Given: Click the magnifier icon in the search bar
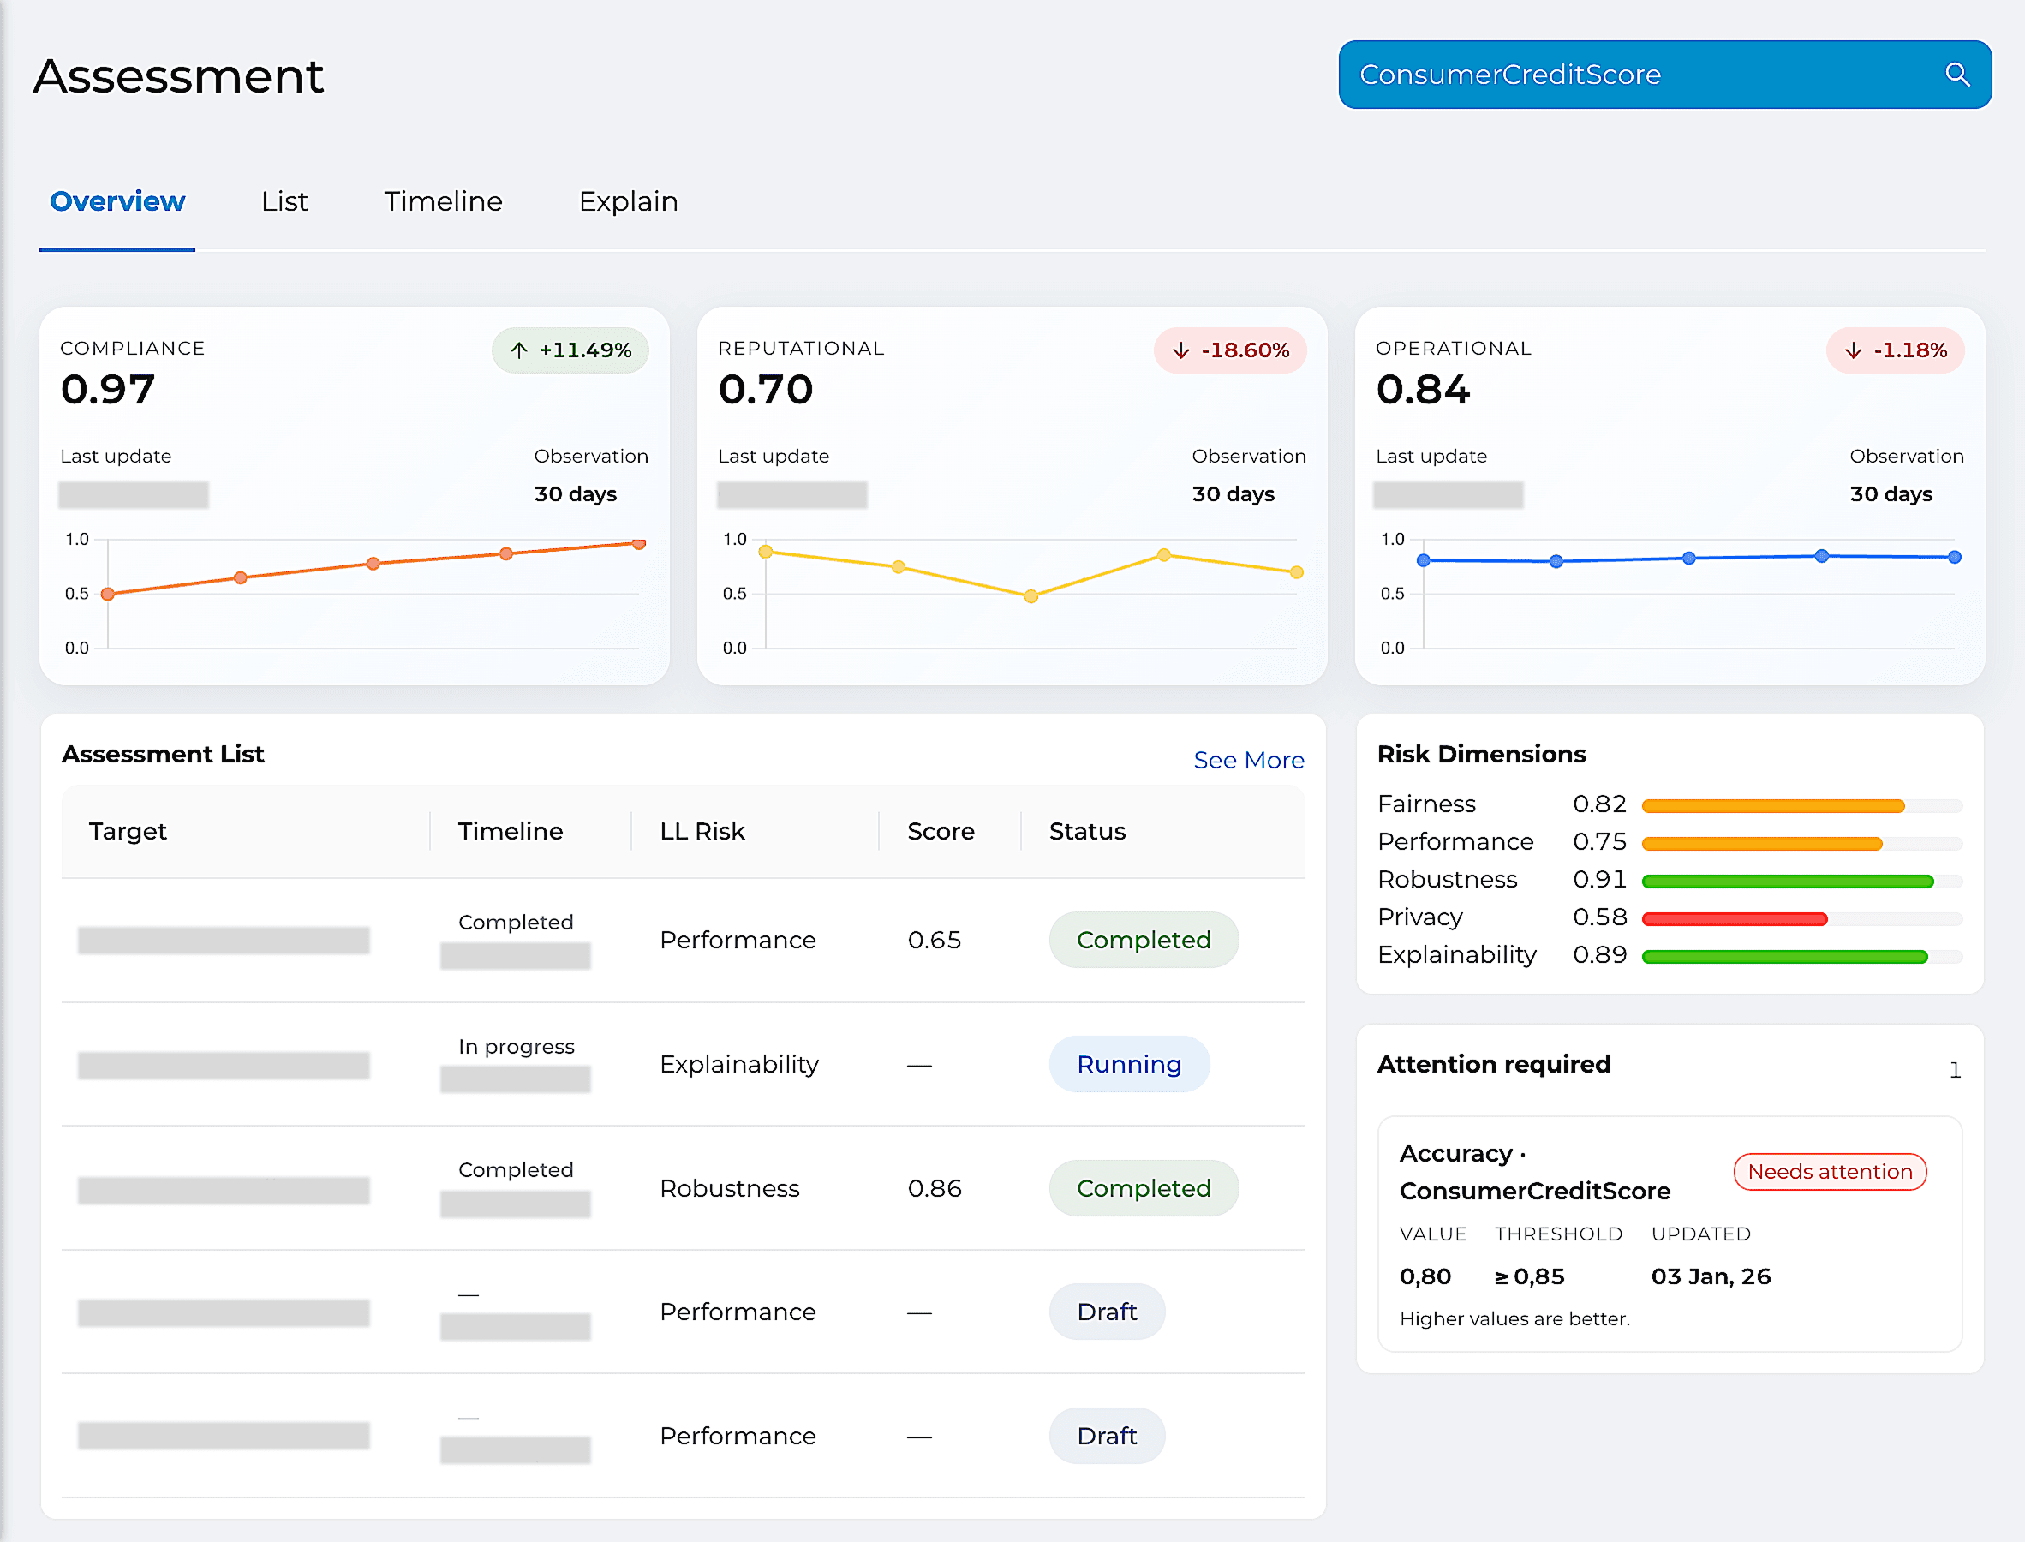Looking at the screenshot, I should pyautogui.click(x=1956, y=75).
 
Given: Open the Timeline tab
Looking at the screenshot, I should pyautogui.click(x=443, y=201).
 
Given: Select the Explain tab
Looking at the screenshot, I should pyautogui.click(x=629, y=201).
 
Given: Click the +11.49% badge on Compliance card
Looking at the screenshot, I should pyautogui.click(x=570, y=350).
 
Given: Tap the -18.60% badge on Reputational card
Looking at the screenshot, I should pyautogui.click(x=1230, y=350).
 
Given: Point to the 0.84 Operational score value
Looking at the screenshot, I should pyautogui.click(x=1423, y=389).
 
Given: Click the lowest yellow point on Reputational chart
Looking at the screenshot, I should pyautogui.click(x=1031, y=595).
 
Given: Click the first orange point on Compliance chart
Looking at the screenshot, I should pyautogui.click(x=108, y=594).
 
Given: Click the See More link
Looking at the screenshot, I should pyautogui.click(x=1248, y=760).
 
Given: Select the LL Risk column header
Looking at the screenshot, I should pyautogui.click(x=702, y=831).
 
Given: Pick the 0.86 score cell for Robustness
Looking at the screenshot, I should pyautogui.click(x=934, y=1187).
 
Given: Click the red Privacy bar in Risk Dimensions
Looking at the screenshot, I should pyautogui.click(x=1734, y=918).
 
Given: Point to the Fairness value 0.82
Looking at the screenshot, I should pyautogui.click(x=1599, y=804).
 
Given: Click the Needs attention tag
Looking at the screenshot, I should pyautogui.click(x=1830, y=1171).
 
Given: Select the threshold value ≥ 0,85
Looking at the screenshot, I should pyautogui.click(x=1530, y=1276).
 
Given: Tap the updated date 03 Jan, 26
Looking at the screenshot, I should pyautogui.click(x=1711, y=1276).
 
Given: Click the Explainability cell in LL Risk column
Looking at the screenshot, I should pyautogui.click(x=738, y=1064).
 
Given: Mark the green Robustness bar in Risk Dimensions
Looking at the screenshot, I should pyautogui.click(x=1788, y=882).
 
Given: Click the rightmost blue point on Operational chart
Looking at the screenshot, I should pyautogui.click(x=1955, y=557).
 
